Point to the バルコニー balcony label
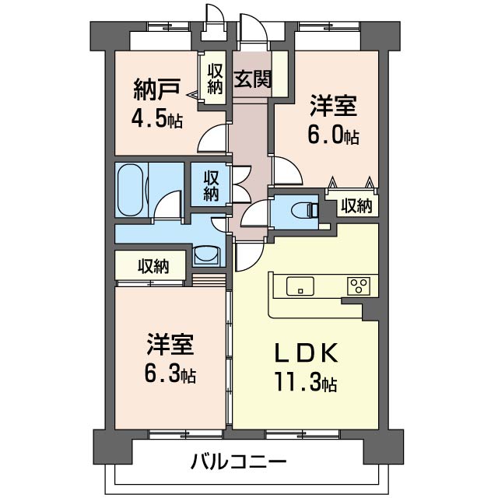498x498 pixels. [x=239, y=461]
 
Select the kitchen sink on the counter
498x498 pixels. [x=299, y=286]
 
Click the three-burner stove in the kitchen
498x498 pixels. [x=359, y=286]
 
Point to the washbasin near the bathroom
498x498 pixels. [x=205, y=254]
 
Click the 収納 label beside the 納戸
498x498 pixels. [x=215, y=78]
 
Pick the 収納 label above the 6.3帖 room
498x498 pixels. [x=153, y=266]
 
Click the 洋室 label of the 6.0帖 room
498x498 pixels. [x=334, y=106]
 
